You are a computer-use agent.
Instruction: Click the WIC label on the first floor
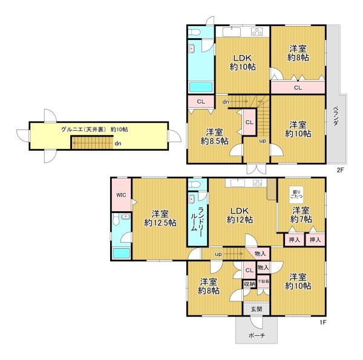coord(121,195)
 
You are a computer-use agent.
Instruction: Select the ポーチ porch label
coord(257,335)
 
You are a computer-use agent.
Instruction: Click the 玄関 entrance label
coord(257,309)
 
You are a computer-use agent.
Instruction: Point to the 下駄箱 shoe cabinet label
coord(263,281)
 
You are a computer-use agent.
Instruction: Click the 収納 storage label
coord(249,284)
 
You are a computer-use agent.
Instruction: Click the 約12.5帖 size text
coord(160,223)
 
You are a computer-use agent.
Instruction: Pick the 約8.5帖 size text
coord(214,141)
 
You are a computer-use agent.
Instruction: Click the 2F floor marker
coord(340,171)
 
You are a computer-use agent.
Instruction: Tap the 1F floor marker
coord(323,322)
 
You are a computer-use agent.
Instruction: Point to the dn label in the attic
coord(118,143)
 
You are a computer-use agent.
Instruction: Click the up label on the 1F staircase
coord(218,255)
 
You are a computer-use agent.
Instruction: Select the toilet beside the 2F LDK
coord(194,33)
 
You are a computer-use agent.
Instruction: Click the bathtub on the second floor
coord(201,87)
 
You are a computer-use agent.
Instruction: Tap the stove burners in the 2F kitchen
coord(257,31)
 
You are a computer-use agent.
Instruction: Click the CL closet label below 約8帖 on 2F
coord(298,88)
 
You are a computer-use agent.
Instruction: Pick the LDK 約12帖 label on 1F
coord(240,215)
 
